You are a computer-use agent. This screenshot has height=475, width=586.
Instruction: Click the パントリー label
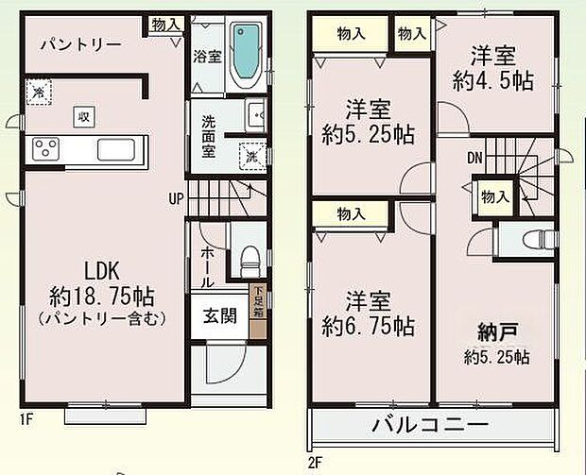click(80, 44)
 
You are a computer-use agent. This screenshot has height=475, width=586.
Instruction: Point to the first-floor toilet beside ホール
click(249, 256)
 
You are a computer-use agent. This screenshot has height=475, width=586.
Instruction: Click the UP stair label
click(176, 199)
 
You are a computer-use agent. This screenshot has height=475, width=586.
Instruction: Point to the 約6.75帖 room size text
click(366, 327)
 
